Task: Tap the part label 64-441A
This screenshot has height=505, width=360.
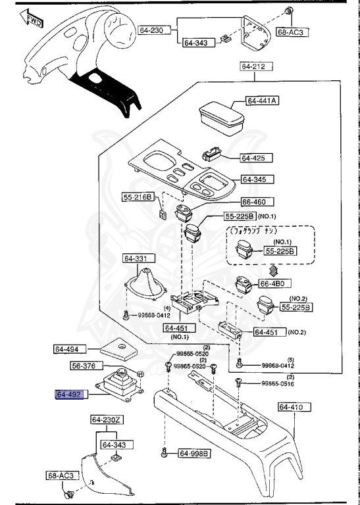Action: click(x=263, y=101)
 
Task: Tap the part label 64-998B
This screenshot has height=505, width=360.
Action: click(x=195, y=453)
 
